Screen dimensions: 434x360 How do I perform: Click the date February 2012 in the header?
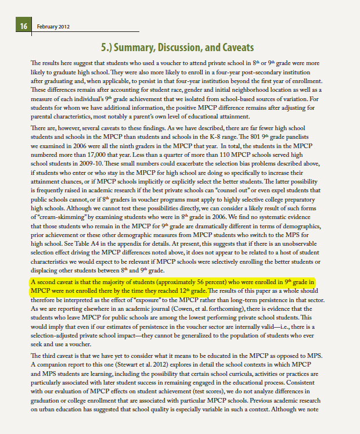tap(53, 27)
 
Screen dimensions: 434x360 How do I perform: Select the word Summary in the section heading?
tap(137, 47)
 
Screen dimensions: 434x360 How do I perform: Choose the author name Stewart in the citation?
tap(129, 356)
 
